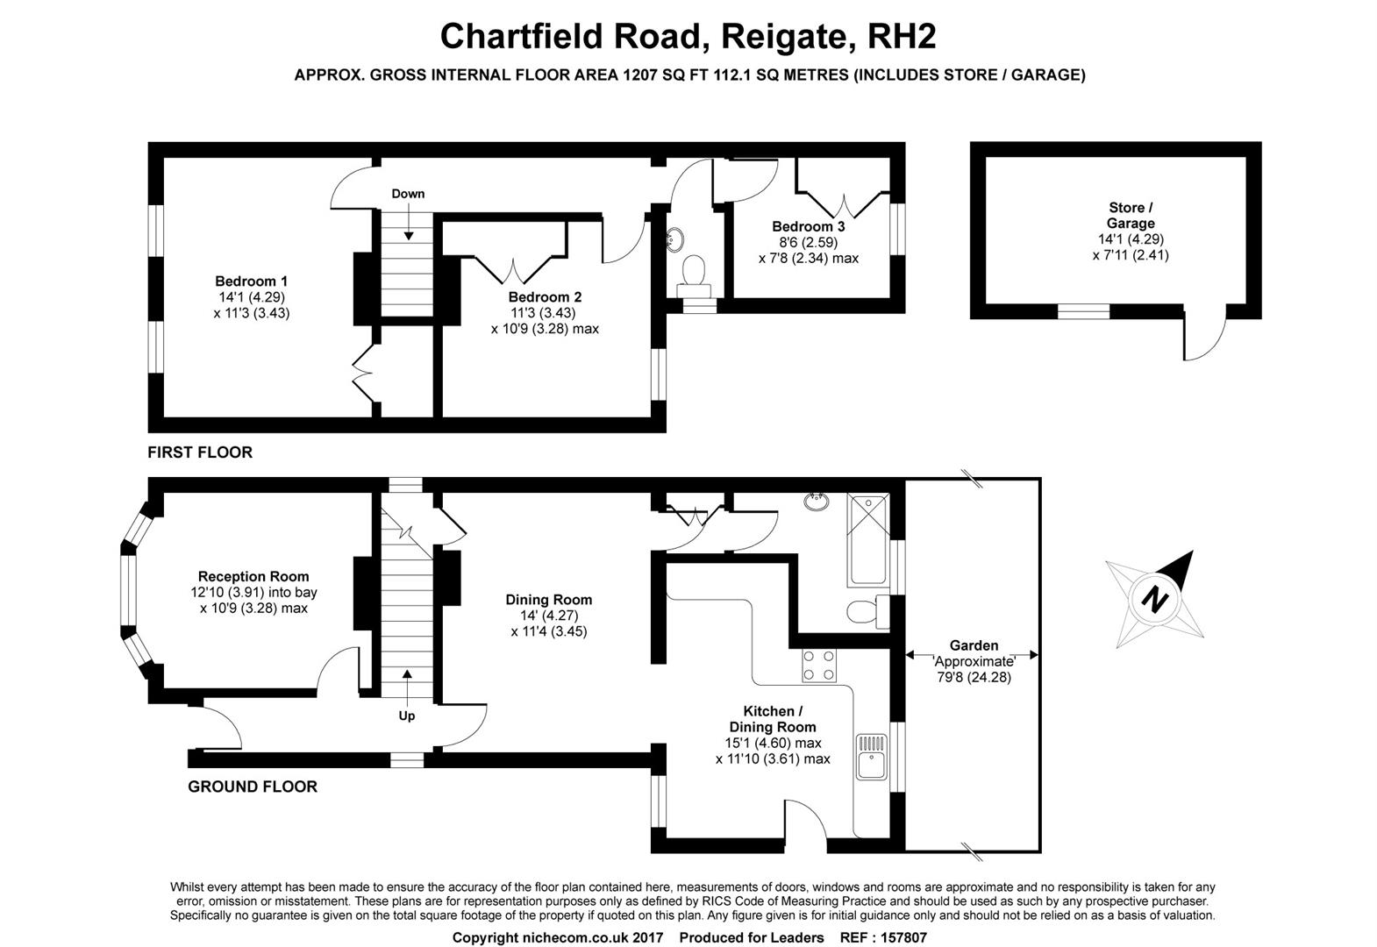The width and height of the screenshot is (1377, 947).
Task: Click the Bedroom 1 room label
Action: tap(252, 281)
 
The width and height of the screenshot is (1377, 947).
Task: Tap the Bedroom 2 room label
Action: tap(545, 297)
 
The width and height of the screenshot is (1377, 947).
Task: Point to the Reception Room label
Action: tap(253, 576)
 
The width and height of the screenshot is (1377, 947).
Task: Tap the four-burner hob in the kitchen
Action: tap(818, 665)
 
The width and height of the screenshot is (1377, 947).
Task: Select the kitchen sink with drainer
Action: tap(872, 756)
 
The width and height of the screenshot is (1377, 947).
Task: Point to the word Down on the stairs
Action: tap(408, 194)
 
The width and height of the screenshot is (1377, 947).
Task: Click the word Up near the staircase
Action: tap(407, 716)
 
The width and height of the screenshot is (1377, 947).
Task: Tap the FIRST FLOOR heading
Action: tap(200, 452)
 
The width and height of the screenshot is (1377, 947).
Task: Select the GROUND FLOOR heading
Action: tap(253, 787)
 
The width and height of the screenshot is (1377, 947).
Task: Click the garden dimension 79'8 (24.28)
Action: tap(973, 677)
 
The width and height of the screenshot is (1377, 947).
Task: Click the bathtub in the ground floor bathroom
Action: tap(867, 539)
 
